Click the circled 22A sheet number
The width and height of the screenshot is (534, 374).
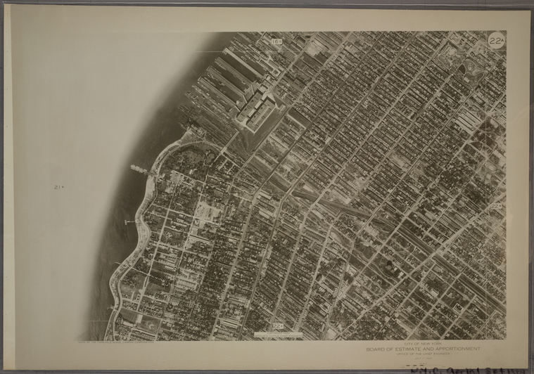coord(496,40)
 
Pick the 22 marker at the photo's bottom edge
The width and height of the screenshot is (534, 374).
coord(277,325)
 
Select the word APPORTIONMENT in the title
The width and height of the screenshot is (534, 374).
coord(457,348)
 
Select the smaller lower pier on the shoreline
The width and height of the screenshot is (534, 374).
coord(129,222)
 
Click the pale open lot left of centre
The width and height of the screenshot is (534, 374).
coord(204,209)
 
